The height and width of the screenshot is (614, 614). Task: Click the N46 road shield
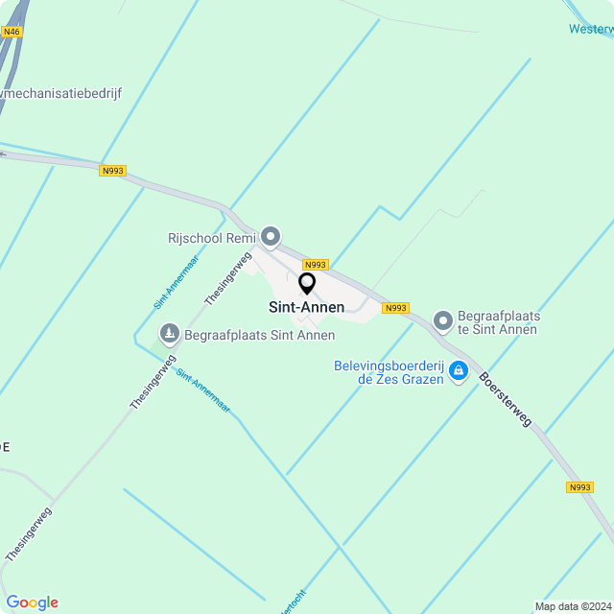12,32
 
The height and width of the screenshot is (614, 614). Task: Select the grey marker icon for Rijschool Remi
272,236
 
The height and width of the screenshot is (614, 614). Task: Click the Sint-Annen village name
306,307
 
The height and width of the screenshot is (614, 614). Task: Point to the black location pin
307,284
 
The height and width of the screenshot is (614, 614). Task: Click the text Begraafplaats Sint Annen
259,335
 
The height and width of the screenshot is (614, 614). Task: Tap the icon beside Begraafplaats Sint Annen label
170,334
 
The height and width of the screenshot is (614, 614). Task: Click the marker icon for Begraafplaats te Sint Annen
442,320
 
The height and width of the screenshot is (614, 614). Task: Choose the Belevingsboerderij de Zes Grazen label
389,372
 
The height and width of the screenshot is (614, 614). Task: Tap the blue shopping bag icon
459,370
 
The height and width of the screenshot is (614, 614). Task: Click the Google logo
32,602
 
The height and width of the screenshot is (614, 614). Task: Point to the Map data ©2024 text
573,606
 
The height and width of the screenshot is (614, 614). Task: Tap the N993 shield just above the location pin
316,265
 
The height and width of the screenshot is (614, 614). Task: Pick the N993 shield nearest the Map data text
579,487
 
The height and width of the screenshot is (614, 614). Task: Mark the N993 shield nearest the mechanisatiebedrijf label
112,171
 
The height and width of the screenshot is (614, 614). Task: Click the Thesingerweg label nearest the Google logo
30,533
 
